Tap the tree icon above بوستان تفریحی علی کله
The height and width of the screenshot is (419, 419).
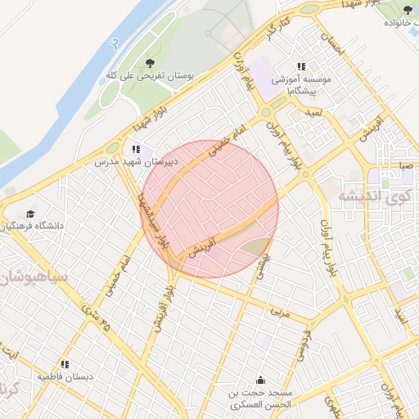point(149,63)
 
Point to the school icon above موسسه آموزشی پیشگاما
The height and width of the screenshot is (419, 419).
point(301,66)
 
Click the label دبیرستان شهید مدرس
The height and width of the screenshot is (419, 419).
point(133,163)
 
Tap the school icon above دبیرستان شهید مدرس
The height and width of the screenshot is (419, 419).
point(135,150)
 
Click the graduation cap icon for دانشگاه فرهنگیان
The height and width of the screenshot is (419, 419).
point(30,213)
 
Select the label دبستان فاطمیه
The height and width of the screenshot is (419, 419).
point(65,376)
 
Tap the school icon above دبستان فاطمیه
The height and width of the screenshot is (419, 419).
point(65,364)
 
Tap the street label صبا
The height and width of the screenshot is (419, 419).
point(406,165)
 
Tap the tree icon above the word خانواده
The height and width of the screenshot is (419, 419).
point(408,10)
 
